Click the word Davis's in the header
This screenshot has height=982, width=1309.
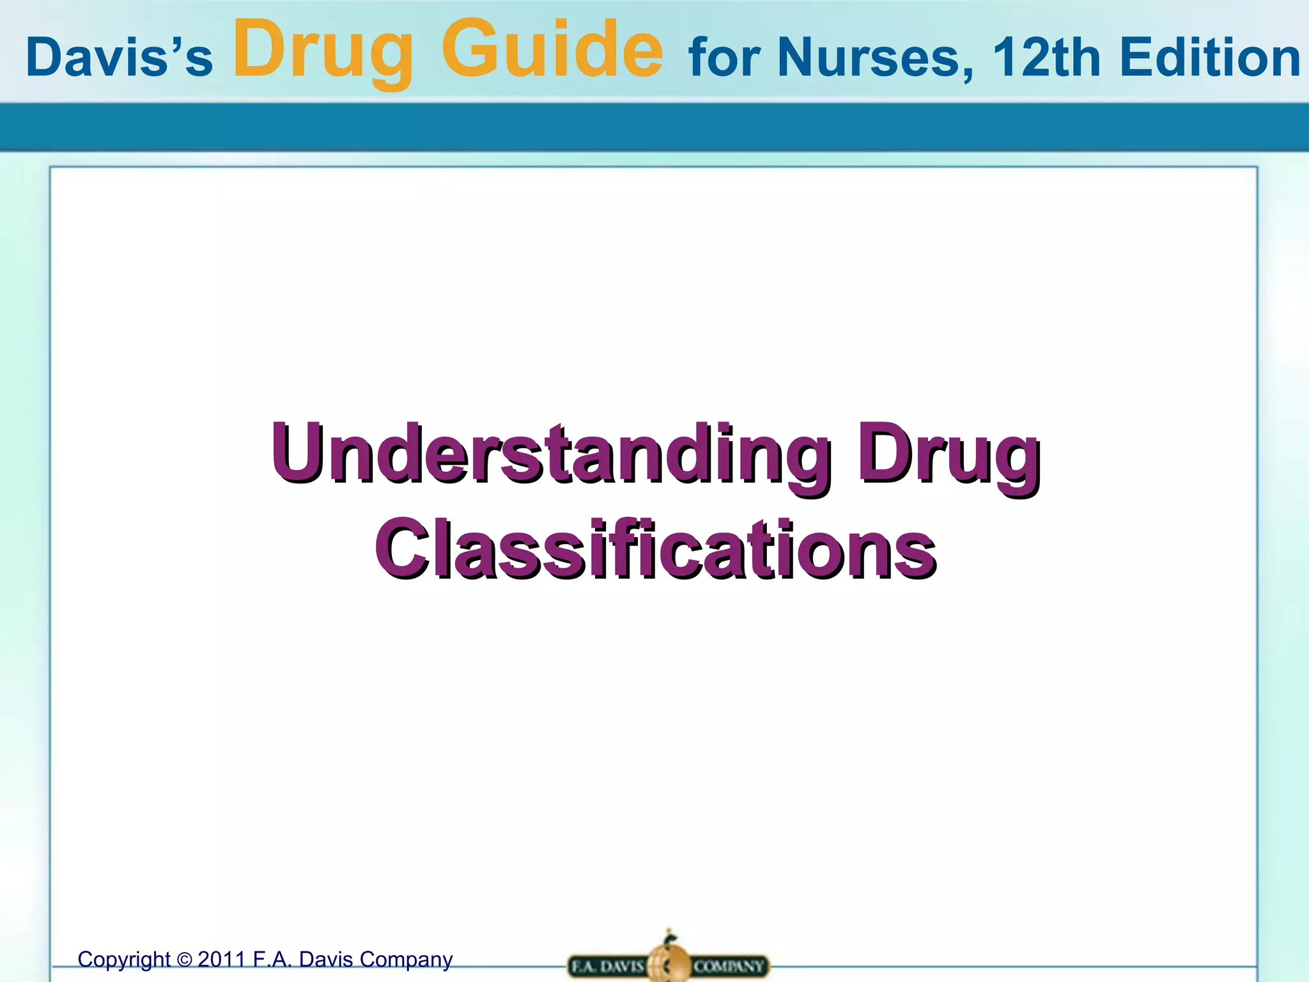tap(119, 58)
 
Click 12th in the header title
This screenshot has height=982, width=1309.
tap(1046, 57)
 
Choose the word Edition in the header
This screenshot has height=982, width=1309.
tap(1210, 57)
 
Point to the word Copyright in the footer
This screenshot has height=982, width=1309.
tap(124, 960)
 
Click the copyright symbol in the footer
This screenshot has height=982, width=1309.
tap(184, 960)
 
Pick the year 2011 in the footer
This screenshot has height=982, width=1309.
tap(221, 960)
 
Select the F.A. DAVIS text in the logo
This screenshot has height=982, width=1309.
tap(607, 966)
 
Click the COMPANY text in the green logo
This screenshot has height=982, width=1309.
tap(729, 966)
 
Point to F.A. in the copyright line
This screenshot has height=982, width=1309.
tap(273, 960)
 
